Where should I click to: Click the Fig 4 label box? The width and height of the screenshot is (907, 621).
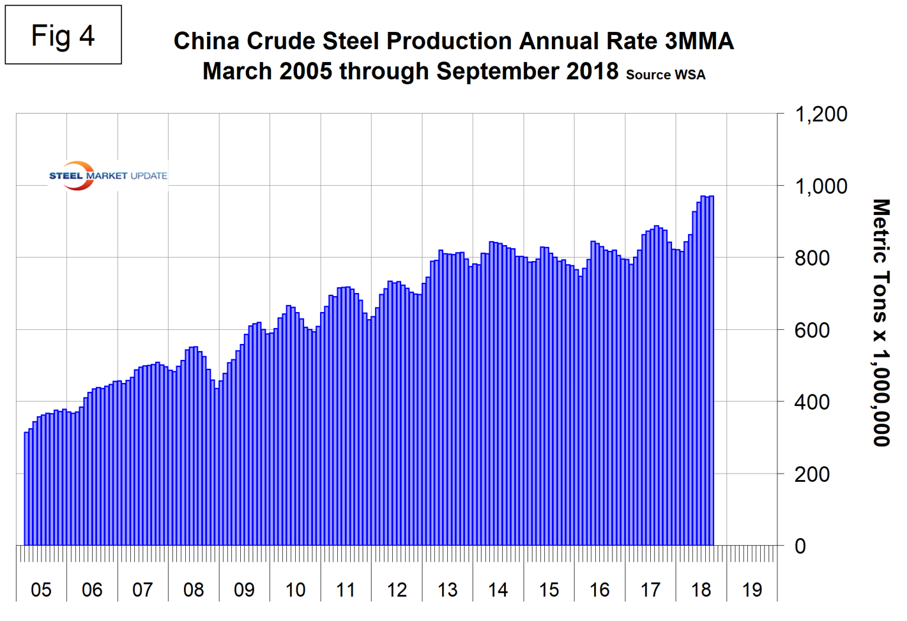63,35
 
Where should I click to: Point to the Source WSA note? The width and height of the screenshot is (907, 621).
666,75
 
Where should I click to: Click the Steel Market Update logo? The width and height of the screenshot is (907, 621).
107,176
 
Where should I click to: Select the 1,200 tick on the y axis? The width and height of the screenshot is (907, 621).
820,115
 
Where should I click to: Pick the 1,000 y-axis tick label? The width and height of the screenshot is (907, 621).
820,186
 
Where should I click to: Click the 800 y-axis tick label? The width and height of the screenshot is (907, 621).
812,258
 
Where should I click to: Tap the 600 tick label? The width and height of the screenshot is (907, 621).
812,331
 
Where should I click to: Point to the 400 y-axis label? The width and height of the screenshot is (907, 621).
812,402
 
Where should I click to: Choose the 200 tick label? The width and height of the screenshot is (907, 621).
812,474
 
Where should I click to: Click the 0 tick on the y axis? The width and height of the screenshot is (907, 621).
800,546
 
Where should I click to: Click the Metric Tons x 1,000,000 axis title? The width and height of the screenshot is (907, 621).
881,322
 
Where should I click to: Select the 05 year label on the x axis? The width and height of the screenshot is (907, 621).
41,590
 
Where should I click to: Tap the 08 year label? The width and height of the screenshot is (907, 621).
194,590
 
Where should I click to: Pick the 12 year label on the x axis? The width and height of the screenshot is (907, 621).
397,590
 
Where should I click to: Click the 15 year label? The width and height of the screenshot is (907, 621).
549,590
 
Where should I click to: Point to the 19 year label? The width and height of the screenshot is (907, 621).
752,590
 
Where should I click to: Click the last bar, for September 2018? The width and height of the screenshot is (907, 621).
712,370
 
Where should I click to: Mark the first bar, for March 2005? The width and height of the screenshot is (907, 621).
26,488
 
